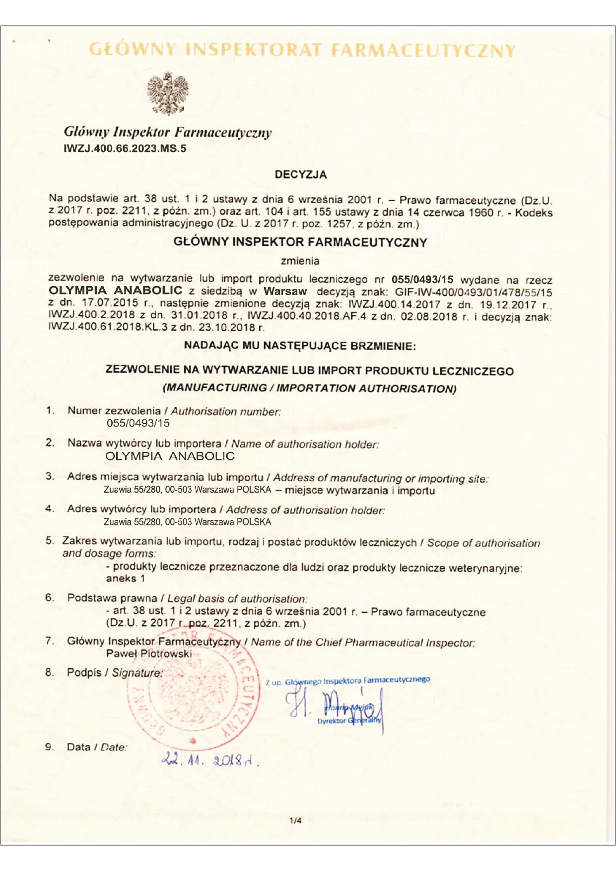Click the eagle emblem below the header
168,93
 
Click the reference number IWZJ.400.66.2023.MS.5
125,148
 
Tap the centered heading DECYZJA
301,175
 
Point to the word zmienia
300,261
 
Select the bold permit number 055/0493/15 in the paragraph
422,280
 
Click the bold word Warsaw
285,291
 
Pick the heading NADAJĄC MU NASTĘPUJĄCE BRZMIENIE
300,346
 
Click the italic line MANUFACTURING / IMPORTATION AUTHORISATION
309,388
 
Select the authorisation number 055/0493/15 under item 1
138,423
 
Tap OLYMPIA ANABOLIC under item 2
170,456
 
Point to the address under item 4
187,522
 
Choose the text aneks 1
125,579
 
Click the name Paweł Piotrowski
148,653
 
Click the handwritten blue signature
338,705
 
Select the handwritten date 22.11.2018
209,760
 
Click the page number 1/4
295,821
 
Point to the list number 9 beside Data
49,747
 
